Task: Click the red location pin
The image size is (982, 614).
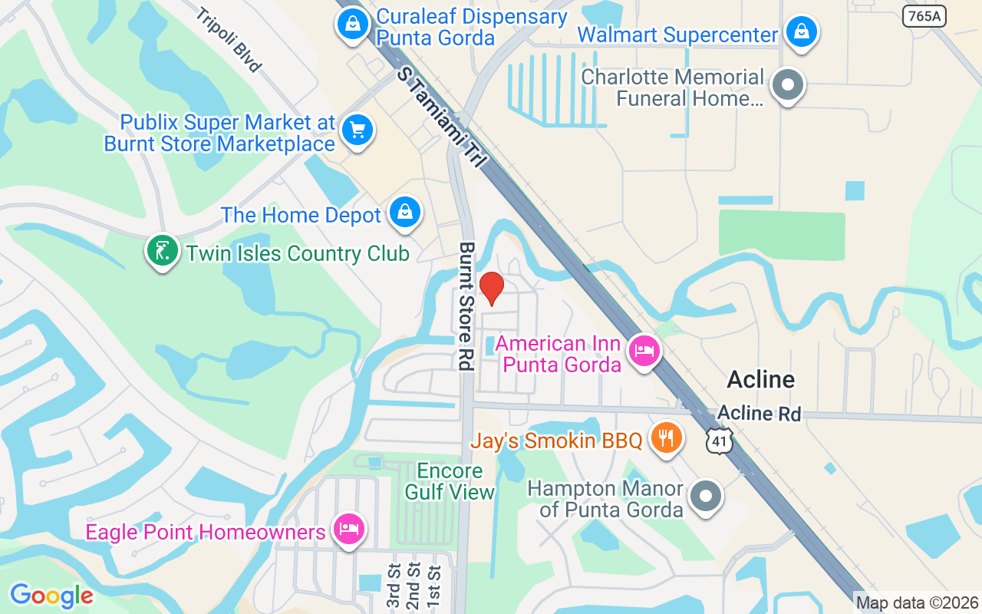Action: tap(491, 288)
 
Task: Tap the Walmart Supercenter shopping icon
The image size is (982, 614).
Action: tap(801, 31)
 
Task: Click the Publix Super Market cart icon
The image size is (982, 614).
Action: tap(357, 130)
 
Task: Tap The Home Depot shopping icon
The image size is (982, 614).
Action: tap(404, 212)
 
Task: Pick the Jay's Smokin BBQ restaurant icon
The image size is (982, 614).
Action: tap(667, 438)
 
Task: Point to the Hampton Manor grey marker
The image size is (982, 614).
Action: tap(705, 495)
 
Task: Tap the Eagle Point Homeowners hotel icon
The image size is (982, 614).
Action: tap(349, 530)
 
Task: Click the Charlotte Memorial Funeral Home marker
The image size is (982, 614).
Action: tap(786, 85)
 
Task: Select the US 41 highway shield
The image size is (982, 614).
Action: tap(720, 440)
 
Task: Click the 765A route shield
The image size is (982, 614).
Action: tap(924, 15)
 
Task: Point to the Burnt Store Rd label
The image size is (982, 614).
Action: tap(465, 306)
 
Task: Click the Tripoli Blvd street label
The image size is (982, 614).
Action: tap(228, 40)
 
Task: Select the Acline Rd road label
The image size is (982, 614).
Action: tap(759, 414)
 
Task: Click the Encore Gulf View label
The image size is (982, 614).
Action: tap(450, 481)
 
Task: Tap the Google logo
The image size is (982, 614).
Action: tap(51, 596)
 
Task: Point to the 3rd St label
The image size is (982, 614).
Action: tap(394, 587)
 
